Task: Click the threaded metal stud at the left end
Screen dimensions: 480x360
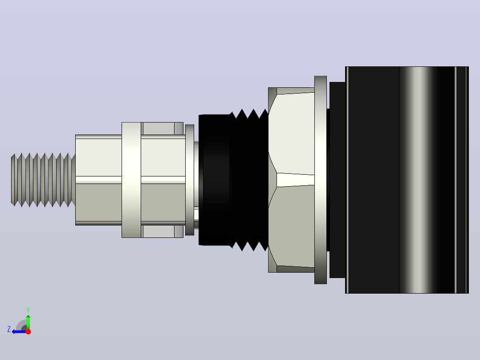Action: tap(43, 180)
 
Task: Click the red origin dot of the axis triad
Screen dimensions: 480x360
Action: tap(28, 331)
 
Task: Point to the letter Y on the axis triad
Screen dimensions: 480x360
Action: tap(28, 310)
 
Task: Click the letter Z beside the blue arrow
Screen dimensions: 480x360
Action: tap(9, 329)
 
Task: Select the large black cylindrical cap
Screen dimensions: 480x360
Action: tap(407, 180)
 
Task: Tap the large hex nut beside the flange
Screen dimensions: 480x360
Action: tap(291, 180)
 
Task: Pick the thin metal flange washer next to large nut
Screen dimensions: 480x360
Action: tap(321, 180)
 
